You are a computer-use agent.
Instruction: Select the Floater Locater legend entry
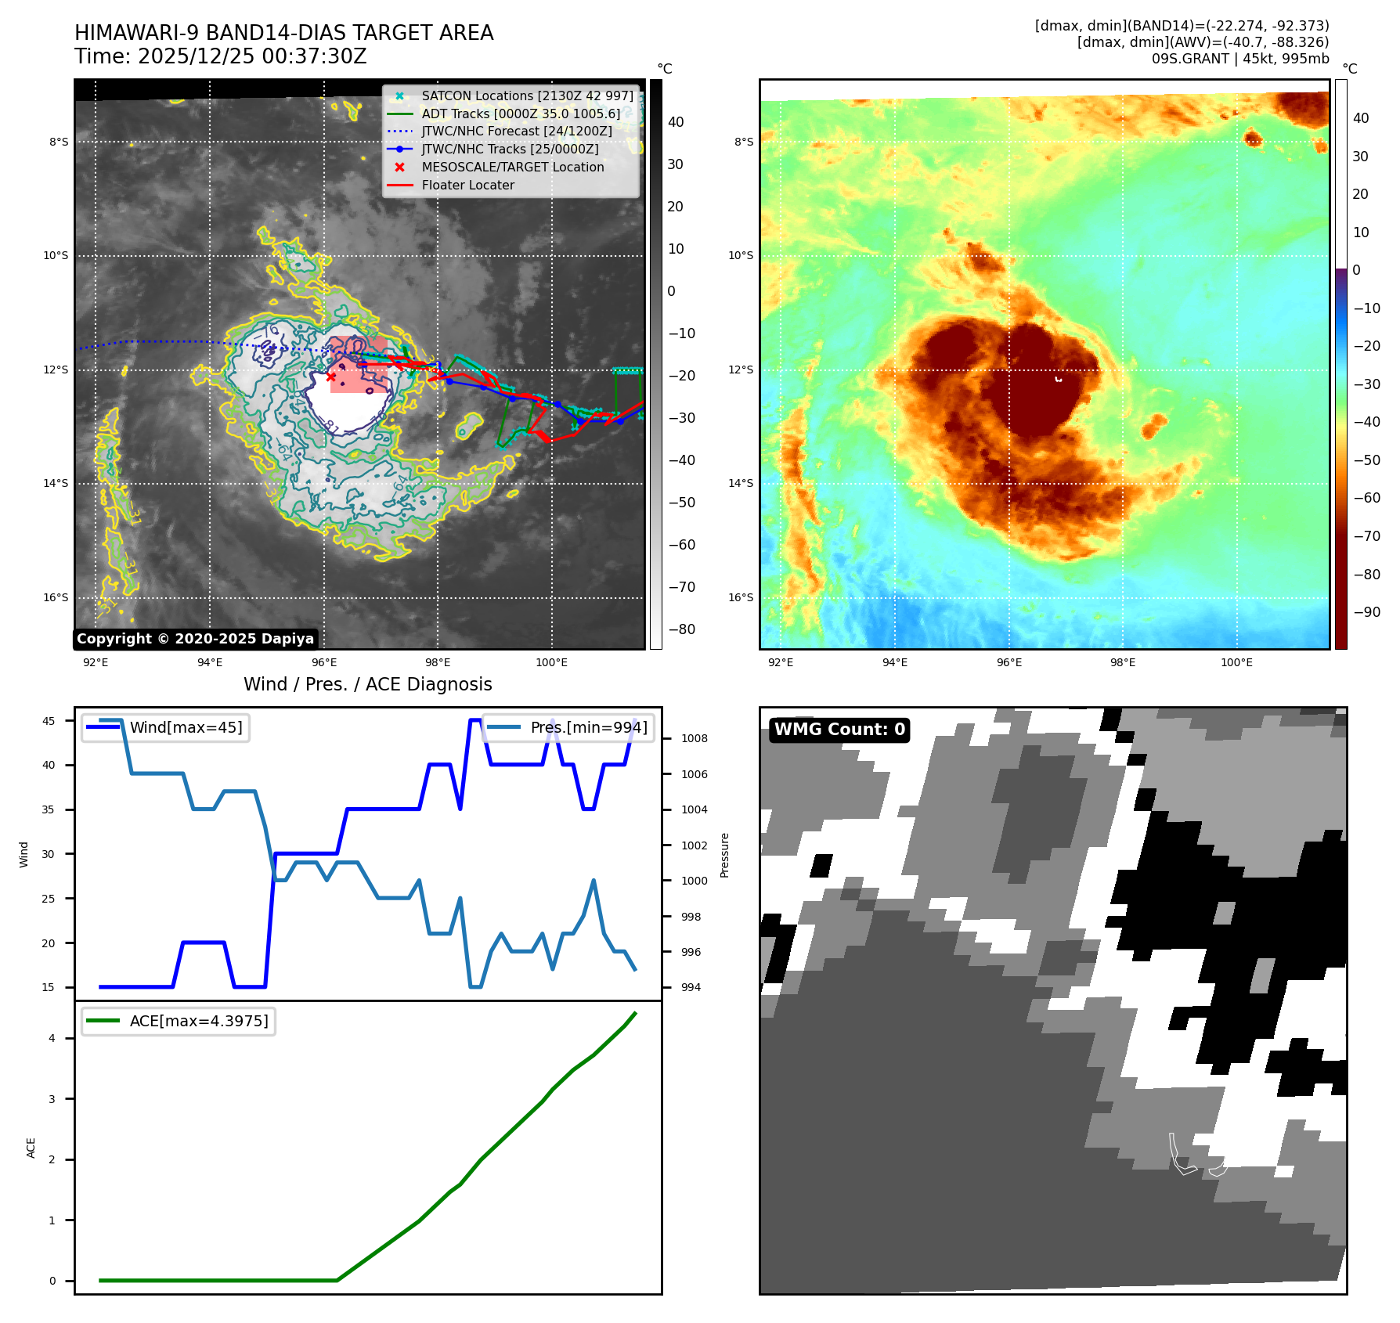tap(467, 186)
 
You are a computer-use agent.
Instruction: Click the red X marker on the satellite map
tap(331, 377)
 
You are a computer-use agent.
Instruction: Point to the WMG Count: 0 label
tap(839, 730)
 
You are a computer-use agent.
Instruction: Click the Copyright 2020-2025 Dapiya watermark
tap(195, 639)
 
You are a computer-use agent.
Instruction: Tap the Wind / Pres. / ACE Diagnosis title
tap(367, 684)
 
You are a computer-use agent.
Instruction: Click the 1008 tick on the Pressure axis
tap(694, 738)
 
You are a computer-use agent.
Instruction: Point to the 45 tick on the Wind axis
tap(49, 721)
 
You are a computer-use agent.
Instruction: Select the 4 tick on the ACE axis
tap(52, 1038)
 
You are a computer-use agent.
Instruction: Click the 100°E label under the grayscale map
tap(551, 663)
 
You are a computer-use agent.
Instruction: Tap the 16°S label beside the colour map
tap(741, 597)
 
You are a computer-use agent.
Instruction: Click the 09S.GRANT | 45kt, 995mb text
tap(1240, 59)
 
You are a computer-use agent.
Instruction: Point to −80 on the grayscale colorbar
tap(681, 629)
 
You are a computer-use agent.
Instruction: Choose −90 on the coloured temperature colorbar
tap(1366, 612)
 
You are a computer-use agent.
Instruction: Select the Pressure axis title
tap(724, 855)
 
